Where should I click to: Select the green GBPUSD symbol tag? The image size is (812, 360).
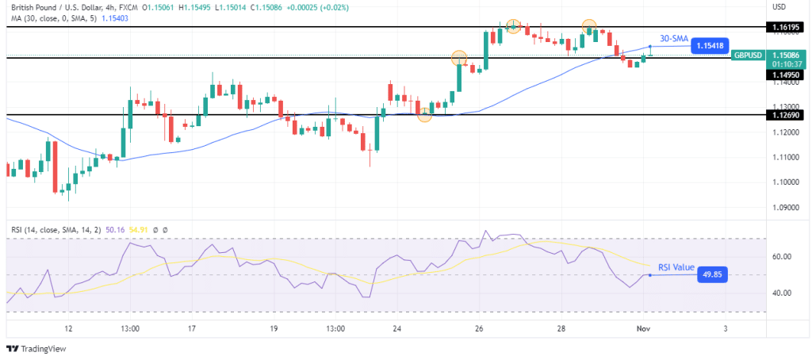pyautogui.click(x=748, y=55)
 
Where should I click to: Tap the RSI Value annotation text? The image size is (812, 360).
pyautogui.click(x=673, y=267)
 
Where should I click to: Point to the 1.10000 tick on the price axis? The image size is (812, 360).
pyautogui.click(x=783, y=182)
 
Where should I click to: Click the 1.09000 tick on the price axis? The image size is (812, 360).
pyautogui.click(x=783, y=208)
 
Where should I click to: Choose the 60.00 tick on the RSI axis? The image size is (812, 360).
pyautogui.click(x=783, y=256)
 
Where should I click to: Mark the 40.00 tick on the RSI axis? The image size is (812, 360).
pyautogui.click(x=783, y=293)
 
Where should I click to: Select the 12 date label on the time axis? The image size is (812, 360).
pyautogui.click(x=69, y=327)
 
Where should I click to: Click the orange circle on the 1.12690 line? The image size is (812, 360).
pyautogui.click(x=425, y=115)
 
